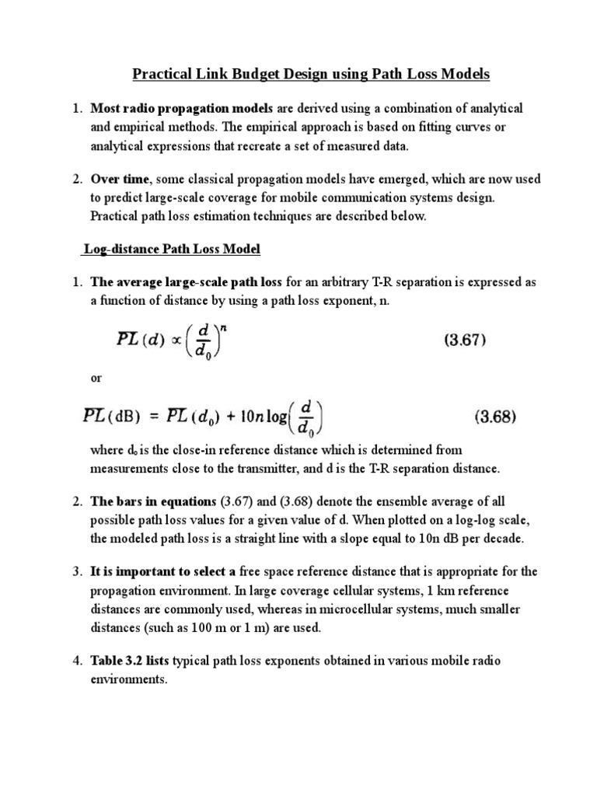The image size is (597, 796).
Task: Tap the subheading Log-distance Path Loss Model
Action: pos(172,250)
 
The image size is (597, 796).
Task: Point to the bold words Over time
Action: pos(120,179)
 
